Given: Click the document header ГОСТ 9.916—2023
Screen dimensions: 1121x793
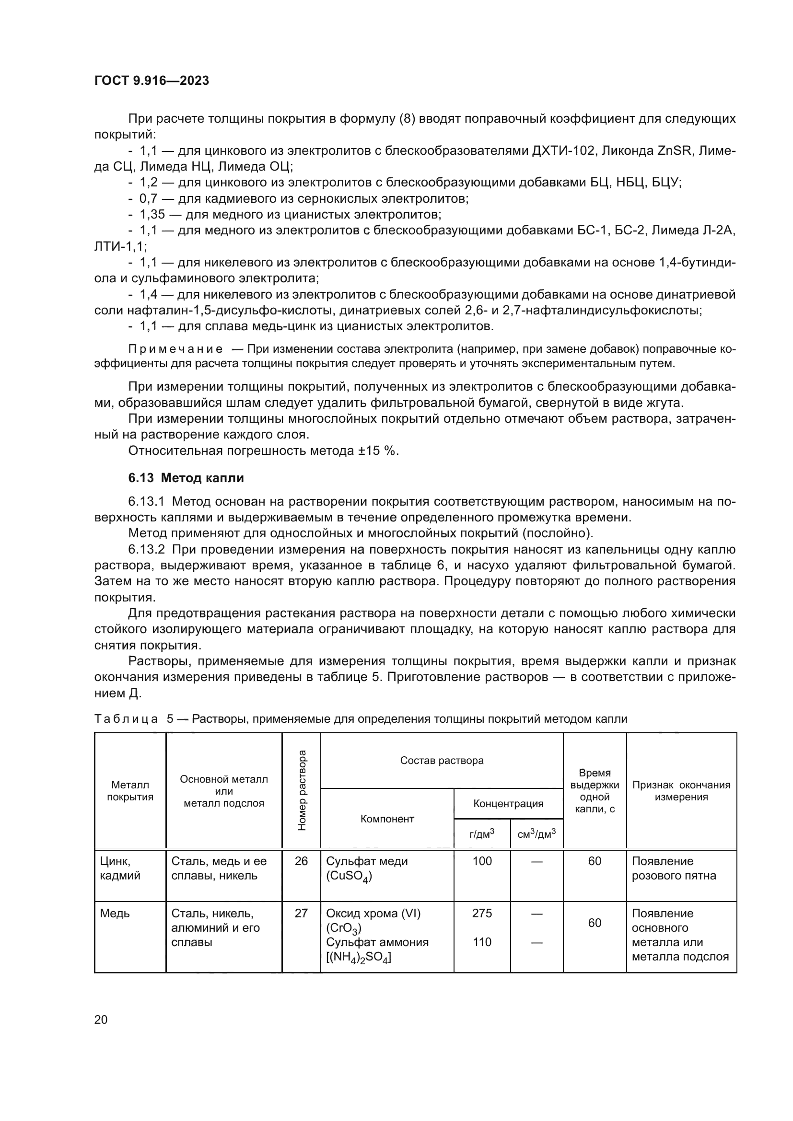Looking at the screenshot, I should click(152, 81).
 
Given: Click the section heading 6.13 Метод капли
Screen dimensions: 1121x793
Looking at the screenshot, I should click(186, 478).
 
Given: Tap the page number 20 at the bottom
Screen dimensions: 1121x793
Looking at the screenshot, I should click(101, 1019).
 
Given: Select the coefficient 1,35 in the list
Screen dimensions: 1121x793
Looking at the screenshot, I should click(152, 214).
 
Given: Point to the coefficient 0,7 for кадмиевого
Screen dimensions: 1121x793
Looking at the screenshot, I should click(149, 198).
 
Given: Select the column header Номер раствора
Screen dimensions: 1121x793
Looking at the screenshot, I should click(302, 790).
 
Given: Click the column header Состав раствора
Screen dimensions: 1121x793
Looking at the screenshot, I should click(442, 761).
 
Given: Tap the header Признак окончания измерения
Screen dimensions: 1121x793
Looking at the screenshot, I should click(681, 791).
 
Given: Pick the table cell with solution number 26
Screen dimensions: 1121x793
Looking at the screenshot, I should click(301, 861).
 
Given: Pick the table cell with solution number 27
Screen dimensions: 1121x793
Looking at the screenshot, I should click(301, 913).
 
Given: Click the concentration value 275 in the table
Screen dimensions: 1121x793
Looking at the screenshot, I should click(482, 913).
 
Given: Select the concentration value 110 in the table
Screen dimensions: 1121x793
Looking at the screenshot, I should click(482, 942).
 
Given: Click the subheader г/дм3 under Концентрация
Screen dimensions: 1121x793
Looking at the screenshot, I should click(482, 834).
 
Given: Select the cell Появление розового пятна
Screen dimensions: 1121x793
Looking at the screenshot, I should click(673, 868).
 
